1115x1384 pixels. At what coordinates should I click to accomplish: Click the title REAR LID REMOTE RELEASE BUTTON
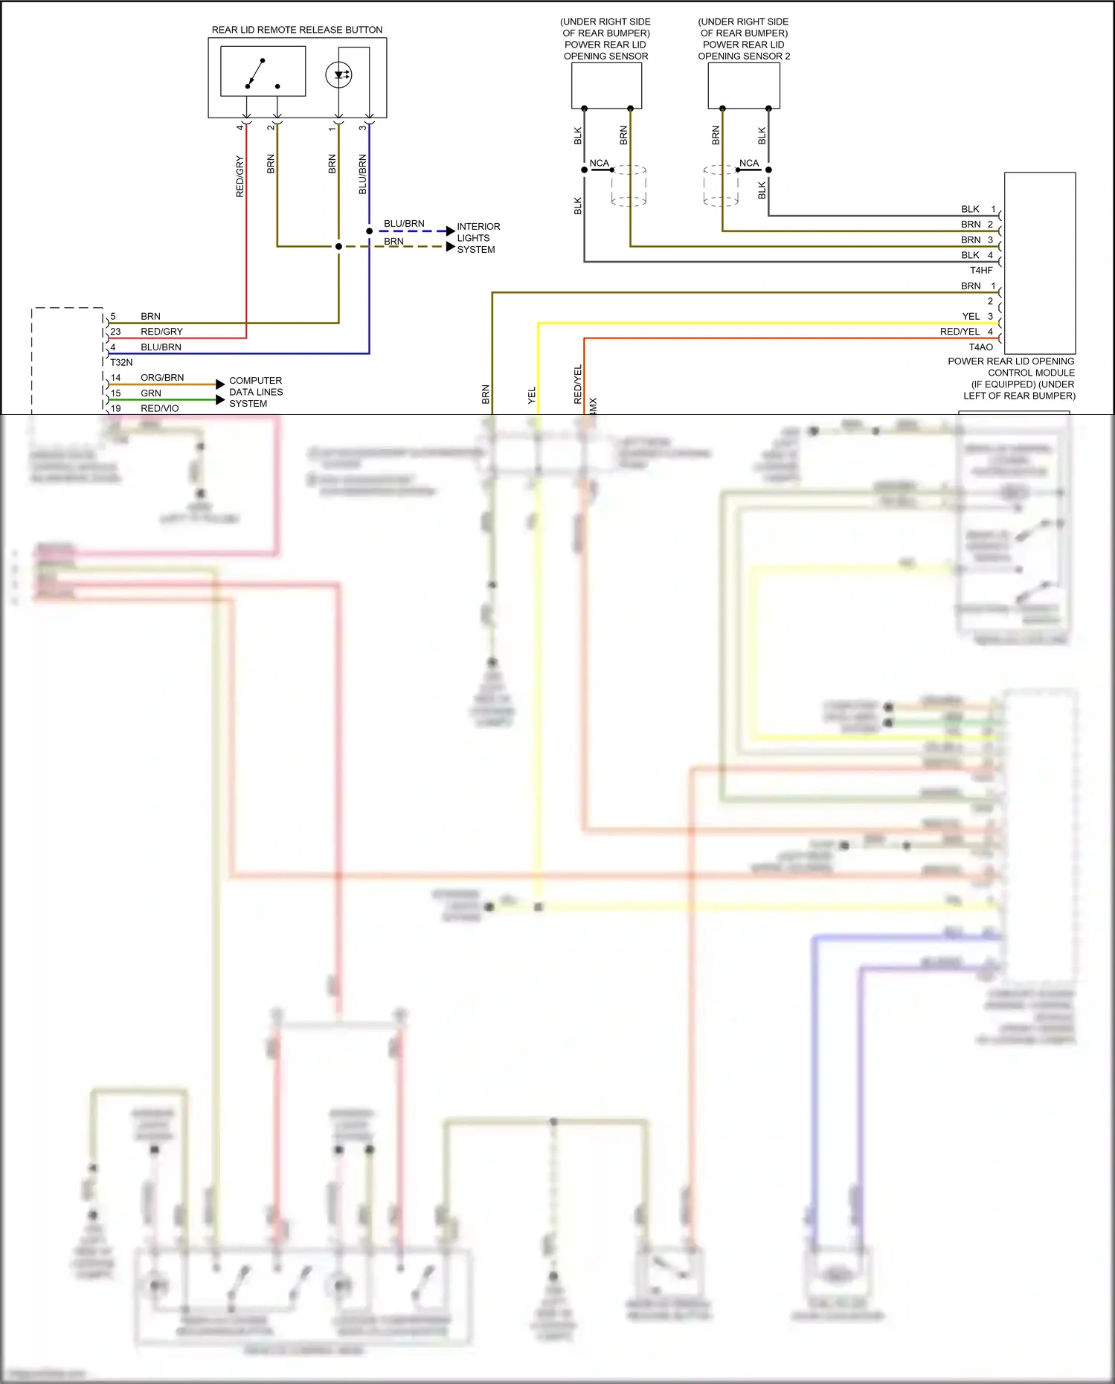click(297, 30)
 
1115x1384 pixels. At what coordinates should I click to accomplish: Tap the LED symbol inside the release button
click(338, 74)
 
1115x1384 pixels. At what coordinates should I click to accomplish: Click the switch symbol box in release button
click(263, 71)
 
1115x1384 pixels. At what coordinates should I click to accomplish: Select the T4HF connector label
click(980, 270)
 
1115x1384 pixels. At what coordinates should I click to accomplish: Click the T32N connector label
click(121, 362)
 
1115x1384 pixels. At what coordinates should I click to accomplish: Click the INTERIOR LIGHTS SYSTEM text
click(478, 238)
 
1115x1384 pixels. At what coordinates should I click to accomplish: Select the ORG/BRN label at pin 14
click(162, 378)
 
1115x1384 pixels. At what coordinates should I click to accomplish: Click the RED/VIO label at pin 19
click(159, 408)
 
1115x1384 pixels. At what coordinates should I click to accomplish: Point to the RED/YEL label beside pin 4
click(959, 332)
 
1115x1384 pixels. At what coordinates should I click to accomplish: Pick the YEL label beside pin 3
click(970, 316)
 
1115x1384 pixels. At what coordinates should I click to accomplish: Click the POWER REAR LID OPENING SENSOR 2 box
click(743, 86)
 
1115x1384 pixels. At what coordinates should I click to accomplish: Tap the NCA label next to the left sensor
click(599, 164)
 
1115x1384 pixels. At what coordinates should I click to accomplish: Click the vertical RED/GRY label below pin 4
click(240, 176)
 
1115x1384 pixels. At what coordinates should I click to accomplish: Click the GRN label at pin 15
click(150, 393)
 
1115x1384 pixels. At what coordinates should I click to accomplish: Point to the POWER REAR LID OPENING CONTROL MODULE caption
click(1011, 378)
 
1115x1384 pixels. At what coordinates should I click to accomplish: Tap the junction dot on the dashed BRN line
click(338, 246)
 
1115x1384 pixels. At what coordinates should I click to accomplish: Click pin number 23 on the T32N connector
click(115, 332)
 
